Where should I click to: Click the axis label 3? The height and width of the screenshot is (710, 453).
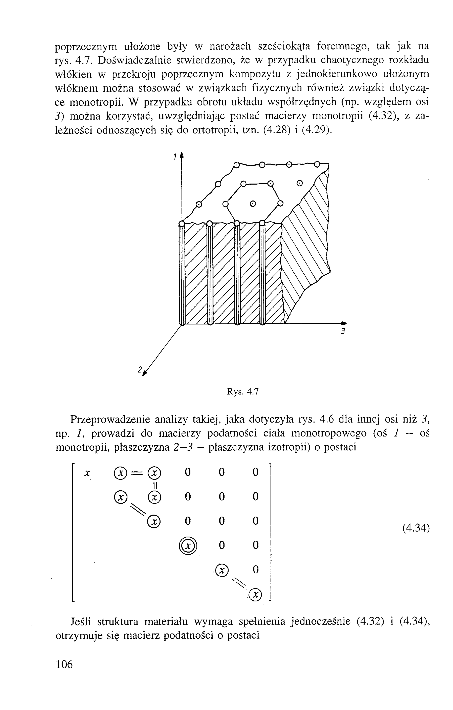click(x=343, y=331)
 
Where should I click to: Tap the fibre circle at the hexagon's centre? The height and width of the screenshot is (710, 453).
click(x=253, y=203)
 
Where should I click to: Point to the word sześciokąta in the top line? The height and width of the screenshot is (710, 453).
click(x=284, y=47)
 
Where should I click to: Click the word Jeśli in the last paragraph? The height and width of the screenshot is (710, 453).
click(x=81, y=622)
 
